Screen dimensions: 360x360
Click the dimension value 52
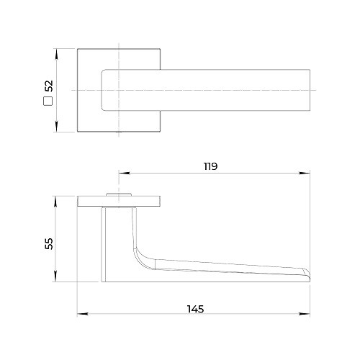(49, 86)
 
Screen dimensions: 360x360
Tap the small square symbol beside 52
(48, 101)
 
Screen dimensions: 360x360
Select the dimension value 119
(210, 166)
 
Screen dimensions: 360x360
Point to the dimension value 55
(49, 243)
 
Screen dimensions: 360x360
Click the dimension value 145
(195, 309)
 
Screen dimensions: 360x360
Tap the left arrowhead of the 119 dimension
(125, 173)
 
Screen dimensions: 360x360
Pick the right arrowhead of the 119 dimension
(305, 173)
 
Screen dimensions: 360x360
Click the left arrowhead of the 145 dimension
(83, 314)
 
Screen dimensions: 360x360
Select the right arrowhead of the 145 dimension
(304, 314)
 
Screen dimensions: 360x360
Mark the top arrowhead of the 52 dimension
(56, 54)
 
